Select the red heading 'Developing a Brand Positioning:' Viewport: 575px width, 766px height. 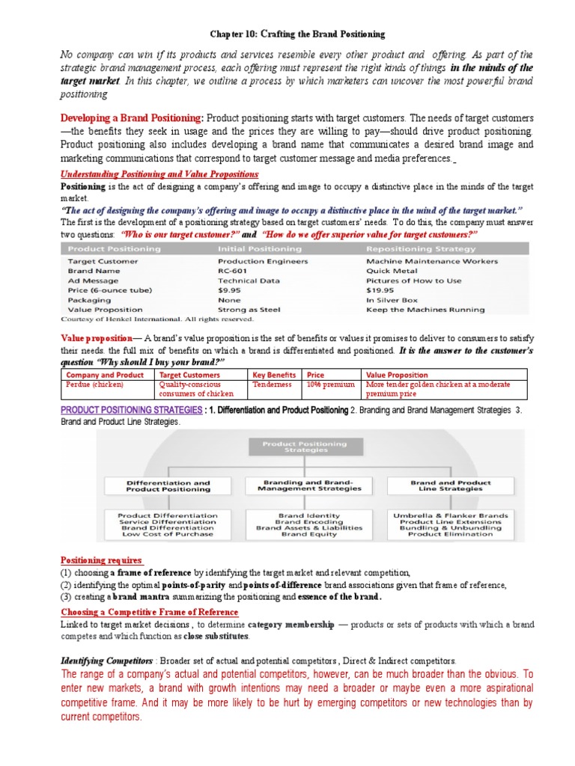pyautogui.click(x=131, y=118)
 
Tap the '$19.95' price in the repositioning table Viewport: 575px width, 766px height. pyautogui.click(x=380, y=290)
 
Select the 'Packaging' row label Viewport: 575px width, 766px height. pyautogui.click(x=90, y=299)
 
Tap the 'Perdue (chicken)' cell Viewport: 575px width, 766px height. pyautogui.click(x=95, y=384)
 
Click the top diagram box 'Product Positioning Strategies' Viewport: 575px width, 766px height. pyautogui.click(x=304, y=447)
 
